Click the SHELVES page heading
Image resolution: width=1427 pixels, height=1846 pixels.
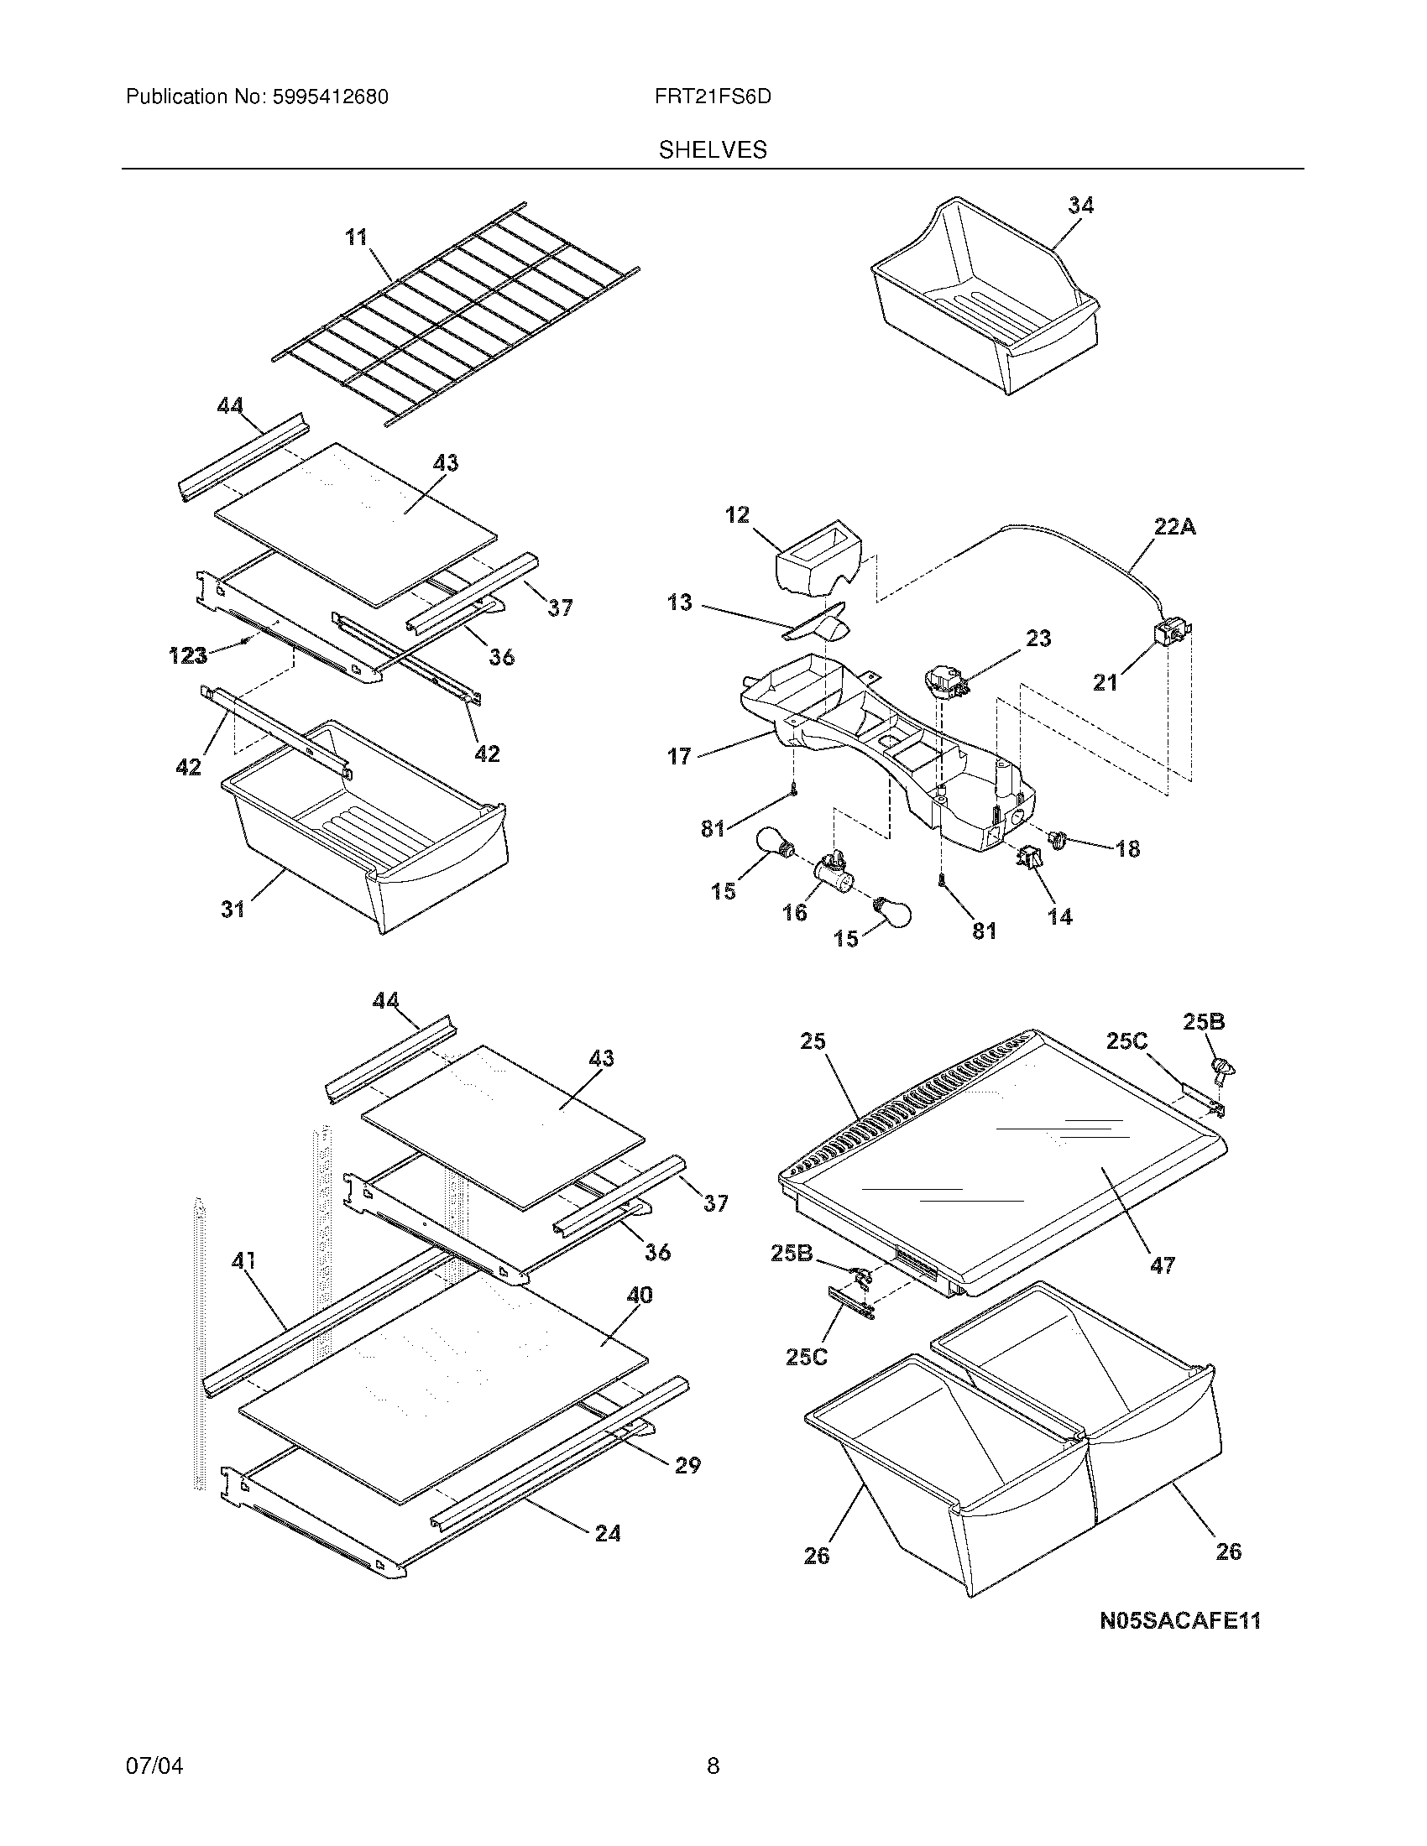713,150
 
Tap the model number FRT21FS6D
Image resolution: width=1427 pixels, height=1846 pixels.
713,97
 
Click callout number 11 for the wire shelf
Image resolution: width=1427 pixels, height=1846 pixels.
357,237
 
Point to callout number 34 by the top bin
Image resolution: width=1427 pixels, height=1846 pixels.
1080,206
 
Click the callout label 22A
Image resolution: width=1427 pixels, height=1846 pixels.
1175,528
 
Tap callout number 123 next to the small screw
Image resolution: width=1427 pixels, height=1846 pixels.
188,655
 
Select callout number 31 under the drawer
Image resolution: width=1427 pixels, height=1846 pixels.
233,910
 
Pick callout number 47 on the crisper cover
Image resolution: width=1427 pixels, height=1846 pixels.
1163,1265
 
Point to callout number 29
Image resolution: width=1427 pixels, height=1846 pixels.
687,1465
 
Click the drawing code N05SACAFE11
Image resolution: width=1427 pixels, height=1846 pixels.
1180,1621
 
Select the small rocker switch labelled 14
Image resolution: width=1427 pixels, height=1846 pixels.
1030,858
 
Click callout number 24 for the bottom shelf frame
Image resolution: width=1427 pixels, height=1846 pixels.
607,1533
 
